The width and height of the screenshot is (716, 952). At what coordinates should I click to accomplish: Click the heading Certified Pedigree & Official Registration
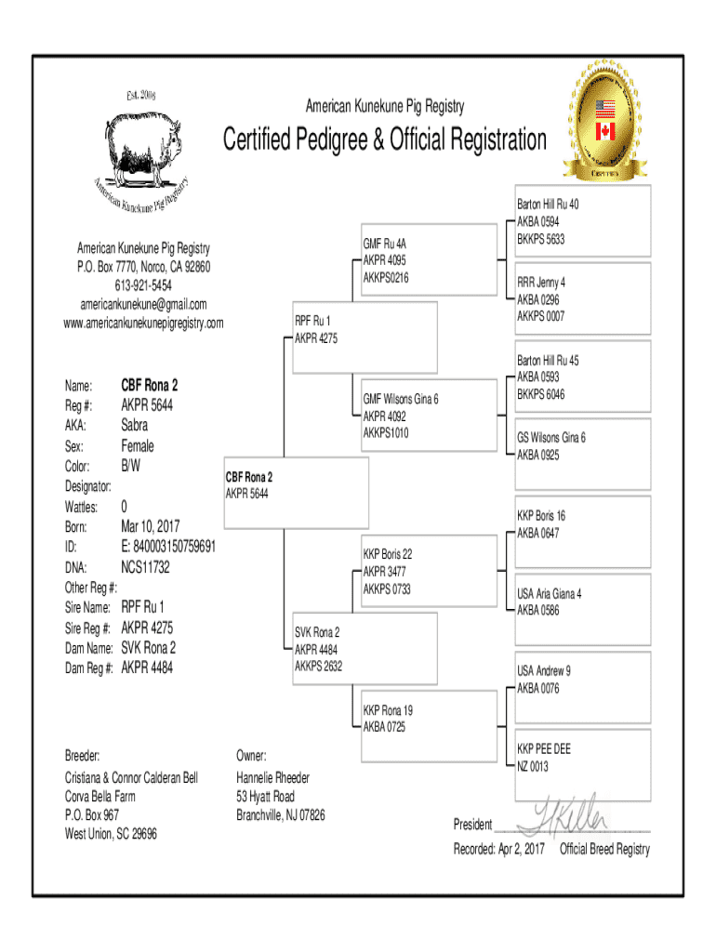click(x=384, y=140)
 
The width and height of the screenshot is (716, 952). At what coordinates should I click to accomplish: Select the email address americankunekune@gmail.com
click(x=143, y=304)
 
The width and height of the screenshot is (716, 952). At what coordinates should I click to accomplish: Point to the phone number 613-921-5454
click(x=143, y=285)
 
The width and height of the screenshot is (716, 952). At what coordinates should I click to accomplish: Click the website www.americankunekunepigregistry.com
click(x=143, y=323)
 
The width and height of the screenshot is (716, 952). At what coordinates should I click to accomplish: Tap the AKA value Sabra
click(x=134, y=425)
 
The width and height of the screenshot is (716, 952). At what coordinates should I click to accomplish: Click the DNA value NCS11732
click(x=146, y=567)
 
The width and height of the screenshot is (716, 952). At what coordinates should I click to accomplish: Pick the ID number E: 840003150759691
click(x=168, y=547)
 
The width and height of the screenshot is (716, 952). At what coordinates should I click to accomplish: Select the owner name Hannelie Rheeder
click(x=272, y=777)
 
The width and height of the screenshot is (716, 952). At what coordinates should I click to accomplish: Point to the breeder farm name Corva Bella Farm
click(x=99, y=797)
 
